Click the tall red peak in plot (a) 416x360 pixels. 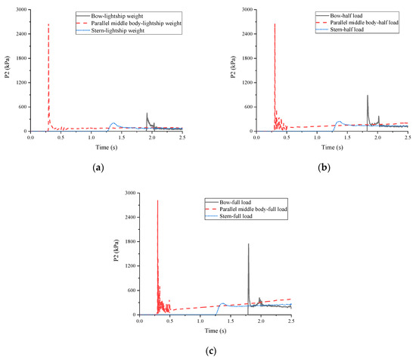pyautogui.click(x=48, y=24)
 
